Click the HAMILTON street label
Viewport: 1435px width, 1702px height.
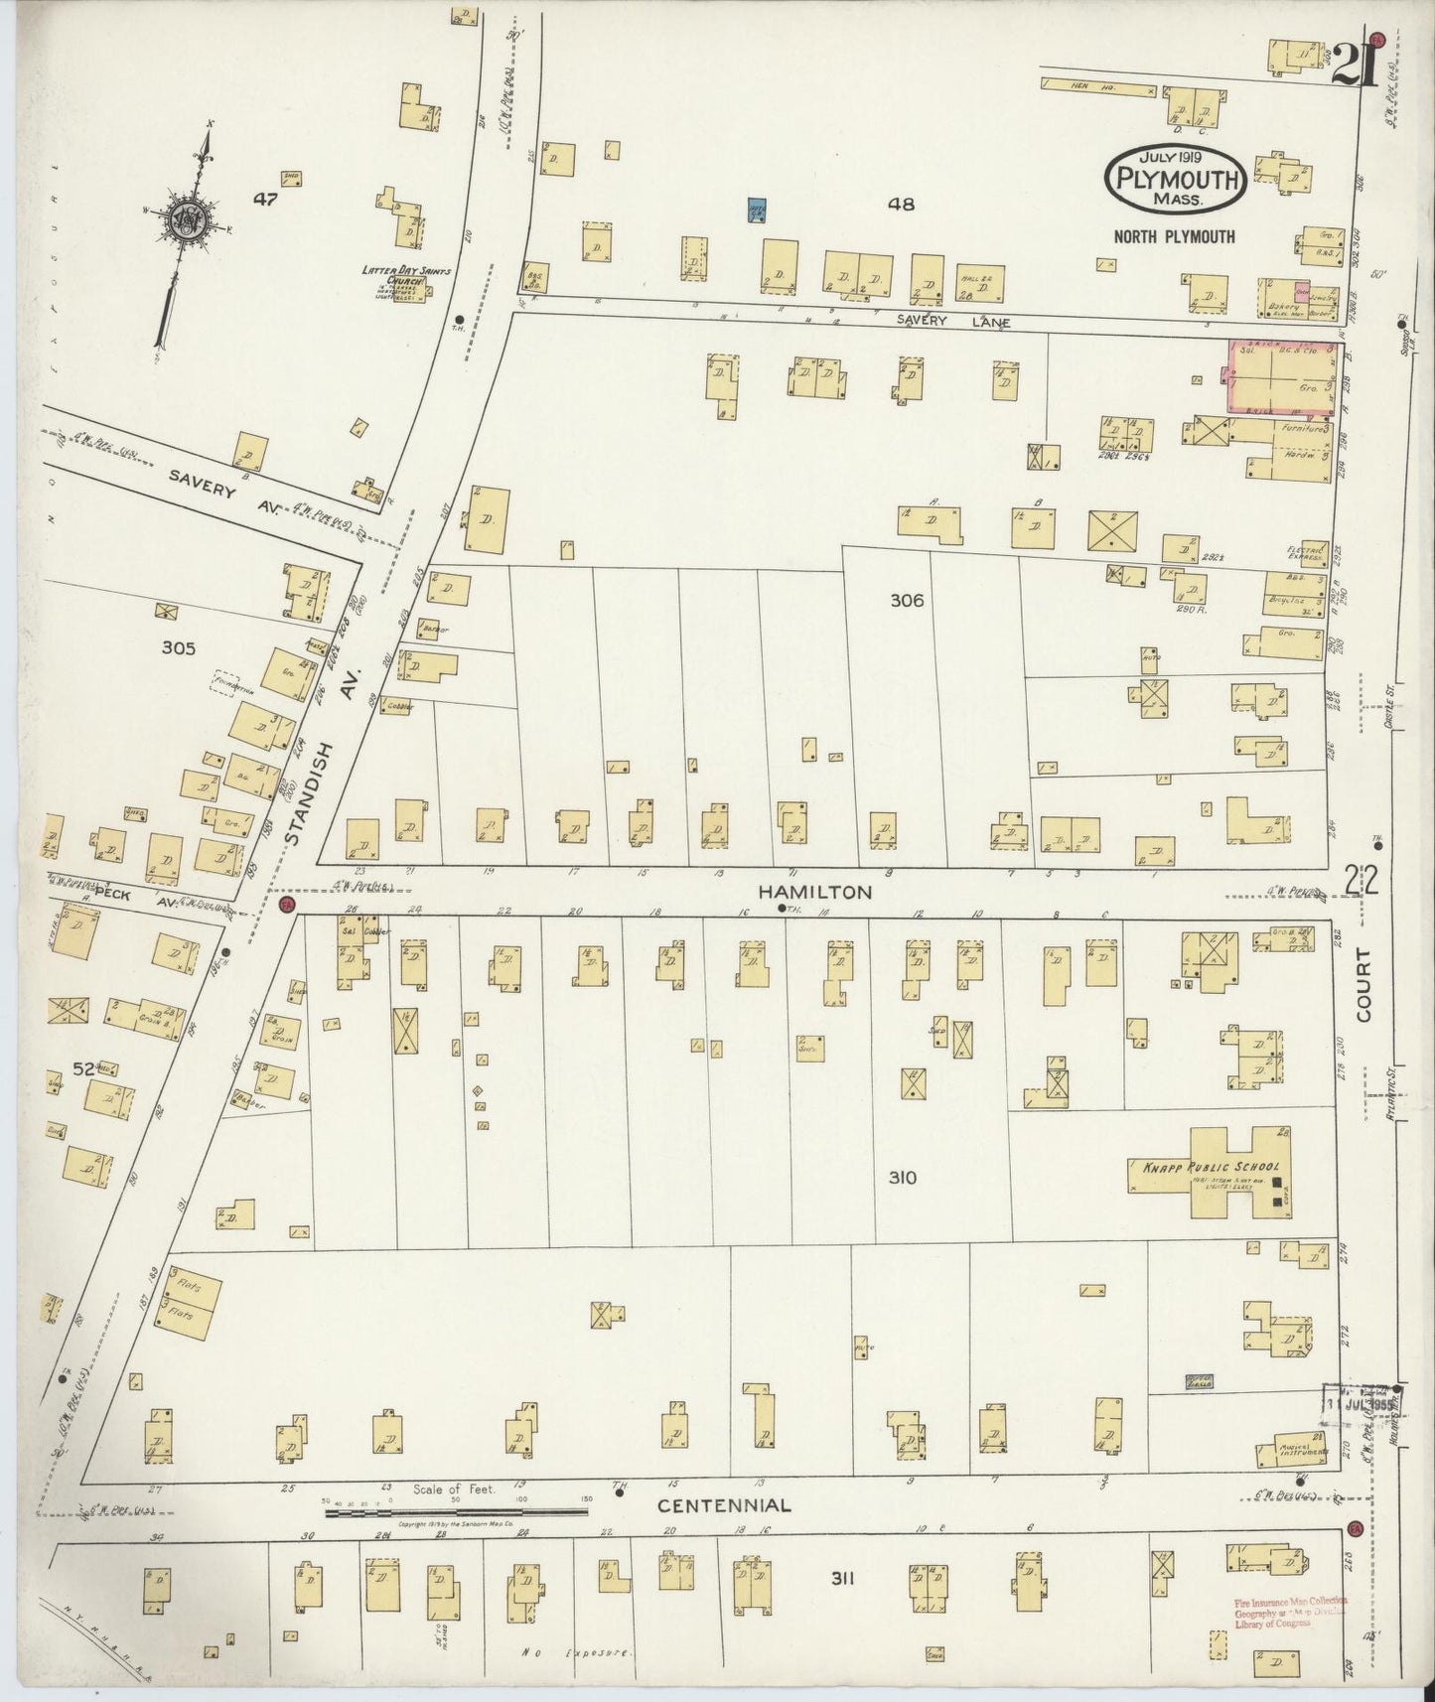click(x=814, y=893)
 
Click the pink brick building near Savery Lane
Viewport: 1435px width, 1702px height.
click(x=1281, y=375)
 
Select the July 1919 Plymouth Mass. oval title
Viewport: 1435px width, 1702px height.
click(x=1176, y=178)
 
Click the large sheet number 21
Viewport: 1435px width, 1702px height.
click(x=1351, y=66)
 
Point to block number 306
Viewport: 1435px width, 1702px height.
click(x=907, y=601)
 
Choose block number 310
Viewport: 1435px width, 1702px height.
click(x=902, y=1179)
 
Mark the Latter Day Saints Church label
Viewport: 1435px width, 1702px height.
click(x=392, y=275)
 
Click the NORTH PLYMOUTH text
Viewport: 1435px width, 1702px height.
click(x=1174, y=236)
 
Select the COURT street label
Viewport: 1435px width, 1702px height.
click(x=1363, y=985)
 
